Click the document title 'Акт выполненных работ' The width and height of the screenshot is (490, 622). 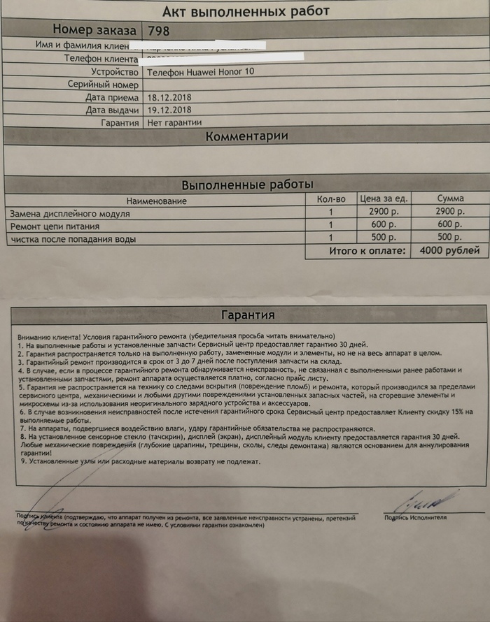[245, 10]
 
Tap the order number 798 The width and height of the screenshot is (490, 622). [159, 30]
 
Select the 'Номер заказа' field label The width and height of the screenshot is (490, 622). [95, 29]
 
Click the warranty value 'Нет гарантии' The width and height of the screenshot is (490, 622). [174, 122]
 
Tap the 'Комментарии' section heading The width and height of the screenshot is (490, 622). [246, 137]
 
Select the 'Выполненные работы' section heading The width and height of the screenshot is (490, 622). [246, 185]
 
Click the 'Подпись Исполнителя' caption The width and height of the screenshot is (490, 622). [415, 517]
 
